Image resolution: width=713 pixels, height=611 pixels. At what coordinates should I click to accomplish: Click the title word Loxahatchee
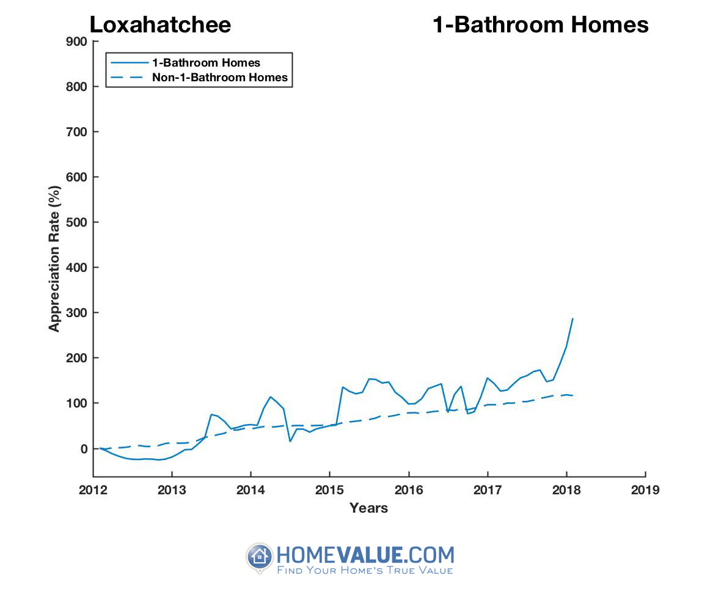[160, 25]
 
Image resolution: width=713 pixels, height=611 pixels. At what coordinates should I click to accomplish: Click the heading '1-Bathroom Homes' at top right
[540, 25]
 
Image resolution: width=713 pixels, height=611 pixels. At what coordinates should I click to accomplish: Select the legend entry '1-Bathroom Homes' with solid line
[206, 63]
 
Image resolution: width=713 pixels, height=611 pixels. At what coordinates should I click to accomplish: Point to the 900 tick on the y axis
[79, 42]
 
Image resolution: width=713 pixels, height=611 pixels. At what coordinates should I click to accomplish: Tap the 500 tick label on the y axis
[79, 222]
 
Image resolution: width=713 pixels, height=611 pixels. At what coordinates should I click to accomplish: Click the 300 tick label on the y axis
[79, 313]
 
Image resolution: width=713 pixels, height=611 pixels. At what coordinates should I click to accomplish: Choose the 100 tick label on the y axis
[79, 403]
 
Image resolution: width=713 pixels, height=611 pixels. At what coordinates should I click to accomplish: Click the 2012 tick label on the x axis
[93, 490]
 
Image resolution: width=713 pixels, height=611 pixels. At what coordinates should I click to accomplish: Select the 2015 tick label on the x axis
[329, 490]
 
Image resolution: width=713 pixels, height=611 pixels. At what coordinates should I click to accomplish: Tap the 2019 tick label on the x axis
[645, 490]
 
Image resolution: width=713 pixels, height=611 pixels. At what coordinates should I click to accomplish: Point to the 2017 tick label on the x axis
[487, 490]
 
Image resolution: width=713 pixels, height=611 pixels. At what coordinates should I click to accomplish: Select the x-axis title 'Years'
[368, 508]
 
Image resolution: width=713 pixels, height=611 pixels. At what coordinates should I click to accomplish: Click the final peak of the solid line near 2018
[572, 318]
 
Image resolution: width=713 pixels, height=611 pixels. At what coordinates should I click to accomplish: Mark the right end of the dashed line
[572, 395]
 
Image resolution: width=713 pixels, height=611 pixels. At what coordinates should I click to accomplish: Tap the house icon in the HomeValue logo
[260, 557]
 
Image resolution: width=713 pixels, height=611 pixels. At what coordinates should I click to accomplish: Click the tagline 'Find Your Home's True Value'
[365, 571]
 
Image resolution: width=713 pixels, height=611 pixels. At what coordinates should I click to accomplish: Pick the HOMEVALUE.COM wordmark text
[365, 554]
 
